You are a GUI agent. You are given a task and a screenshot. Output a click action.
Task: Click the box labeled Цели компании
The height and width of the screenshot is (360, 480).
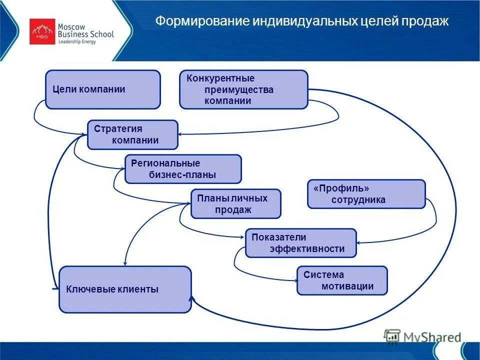[x=102, y=89]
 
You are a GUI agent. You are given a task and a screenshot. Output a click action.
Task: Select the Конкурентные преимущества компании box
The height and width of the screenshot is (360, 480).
[x=243, y=89]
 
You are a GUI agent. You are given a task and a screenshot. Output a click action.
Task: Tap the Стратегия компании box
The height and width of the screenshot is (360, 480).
[x=132, y=134]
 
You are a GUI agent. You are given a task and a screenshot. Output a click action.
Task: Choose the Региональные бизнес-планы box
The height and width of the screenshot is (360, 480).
[x=182, y=169]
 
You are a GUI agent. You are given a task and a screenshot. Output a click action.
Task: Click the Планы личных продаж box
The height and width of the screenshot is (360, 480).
[x=235, y=204]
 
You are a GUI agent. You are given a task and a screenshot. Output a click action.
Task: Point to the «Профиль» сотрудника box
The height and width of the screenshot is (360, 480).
[x=366, y=194]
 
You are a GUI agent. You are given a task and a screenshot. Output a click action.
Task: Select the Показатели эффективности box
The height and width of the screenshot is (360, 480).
[x=300, y=243]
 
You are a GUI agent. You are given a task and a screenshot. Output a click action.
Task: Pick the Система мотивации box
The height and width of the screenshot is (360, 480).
[x=342, y=280]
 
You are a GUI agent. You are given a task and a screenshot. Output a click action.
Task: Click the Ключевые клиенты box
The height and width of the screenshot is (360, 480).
[x=125, y=289]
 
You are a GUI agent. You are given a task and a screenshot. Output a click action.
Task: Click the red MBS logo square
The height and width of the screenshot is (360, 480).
[x=42, y=31]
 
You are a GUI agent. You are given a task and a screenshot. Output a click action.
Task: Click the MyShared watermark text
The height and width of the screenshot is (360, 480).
[x=432, y=337]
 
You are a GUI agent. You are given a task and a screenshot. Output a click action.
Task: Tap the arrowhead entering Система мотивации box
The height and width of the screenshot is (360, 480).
[x=294, y=280]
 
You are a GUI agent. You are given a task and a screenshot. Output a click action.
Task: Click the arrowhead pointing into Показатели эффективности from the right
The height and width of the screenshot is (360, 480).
[x=359, y=243]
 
